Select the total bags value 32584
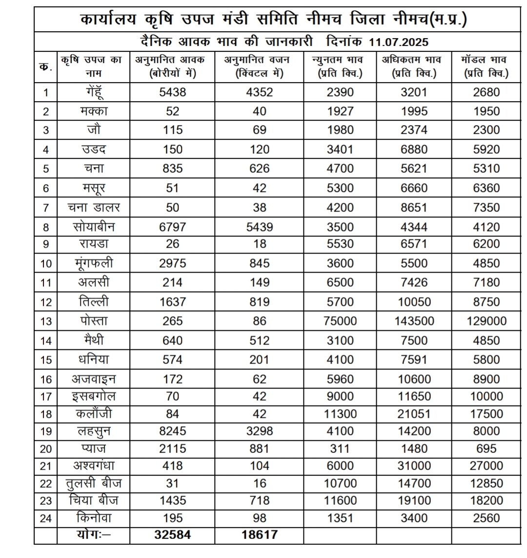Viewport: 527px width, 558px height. pos(173,535)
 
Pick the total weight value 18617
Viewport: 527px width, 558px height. pos(259,535)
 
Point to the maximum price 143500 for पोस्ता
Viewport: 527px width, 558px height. pos(414,321)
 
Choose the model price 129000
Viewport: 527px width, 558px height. pos(486,321)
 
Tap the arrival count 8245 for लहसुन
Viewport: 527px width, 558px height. pos(173,431)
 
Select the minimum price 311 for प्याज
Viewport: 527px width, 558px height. pos(340,449)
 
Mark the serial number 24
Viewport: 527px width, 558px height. pos(46,518)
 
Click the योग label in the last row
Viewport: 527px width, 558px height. pos(93,535)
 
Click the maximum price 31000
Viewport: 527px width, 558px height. pos(414,466)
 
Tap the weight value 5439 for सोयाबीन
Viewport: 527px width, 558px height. pos(259,227)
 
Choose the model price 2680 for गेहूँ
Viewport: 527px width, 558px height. pos(486,92)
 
